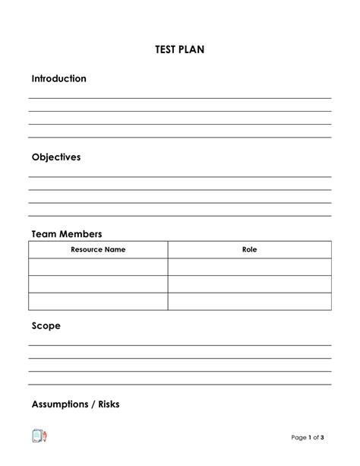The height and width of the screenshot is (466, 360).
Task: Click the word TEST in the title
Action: (166, 50)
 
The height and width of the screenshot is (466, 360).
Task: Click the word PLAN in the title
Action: (192, 50)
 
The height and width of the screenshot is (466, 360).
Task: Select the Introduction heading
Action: (58, 79)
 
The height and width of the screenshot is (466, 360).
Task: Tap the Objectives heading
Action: (55, 157)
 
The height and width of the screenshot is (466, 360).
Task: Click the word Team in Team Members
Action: (44, 234)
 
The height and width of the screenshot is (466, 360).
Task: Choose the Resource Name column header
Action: (98, 249)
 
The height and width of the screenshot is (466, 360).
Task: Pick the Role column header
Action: (249, 249)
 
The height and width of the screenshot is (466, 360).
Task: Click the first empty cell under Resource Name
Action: (98, 267)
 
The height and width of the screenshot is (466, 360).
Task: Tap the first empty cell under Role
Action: (249, 267)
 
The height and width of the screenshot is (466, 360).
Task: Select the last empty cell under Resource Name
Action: (98, 302)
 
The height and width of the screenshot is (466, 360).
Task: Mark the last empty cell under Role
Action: (249, 302)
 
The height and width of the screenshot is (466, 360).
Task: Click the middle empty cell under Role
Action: (249, 284)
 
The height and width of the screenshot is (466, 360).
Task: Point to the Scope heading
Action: (46, 326)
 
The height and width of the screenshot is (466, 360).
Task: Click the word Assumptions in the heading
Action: (60, 404)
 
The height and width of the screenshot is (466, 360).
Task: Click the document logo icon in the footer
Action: (39, 436)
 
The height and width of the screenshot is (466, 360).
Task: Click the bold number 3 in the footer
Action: (323, 437)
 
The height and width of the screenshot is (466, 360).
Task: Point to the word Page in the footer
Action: (299, 437)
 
